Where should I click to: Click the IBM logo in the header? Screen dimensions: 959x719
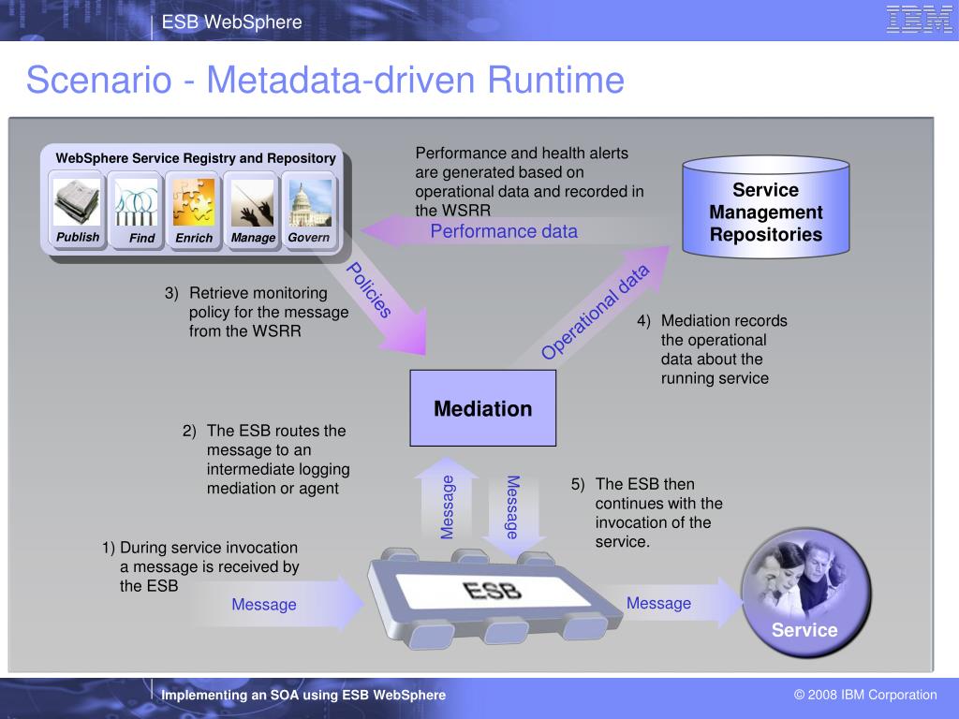919,20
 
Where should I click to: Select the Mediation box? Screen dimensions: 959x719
482,408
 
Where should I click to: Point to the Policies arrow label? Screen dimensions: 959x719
370,291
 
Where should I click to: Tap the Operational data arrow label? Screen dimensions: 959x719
595,312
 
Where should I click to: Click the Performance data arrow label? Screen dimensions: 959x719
504,231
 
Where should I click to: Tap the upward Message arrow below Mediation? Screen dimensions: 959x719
447,506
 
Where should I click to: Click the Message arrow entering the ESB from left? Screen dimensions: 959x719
264,605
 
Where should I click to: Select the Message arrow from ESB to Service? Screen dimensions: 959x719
659,604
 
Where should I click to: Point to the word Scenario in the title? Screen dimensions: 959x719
98,81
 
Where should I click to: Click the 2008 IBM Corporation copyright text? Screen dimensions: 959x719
865,695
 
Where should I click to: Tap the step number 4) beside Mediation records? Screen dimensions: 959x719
644,320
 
